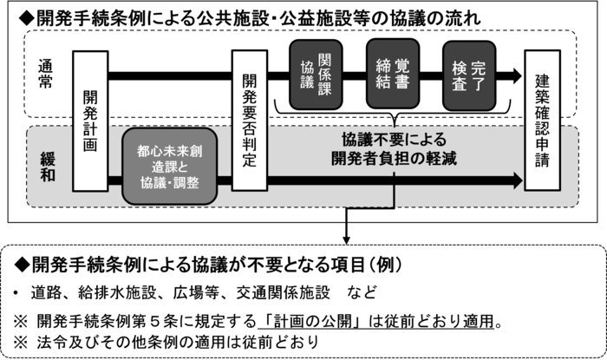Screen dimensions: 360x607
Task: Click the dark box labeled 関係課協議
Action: pyautogui.click(x=314, y=73)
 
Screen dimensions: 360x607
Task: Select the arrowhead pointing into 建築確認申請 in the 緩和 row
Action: pyautogui.click(x=519, y=180)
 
